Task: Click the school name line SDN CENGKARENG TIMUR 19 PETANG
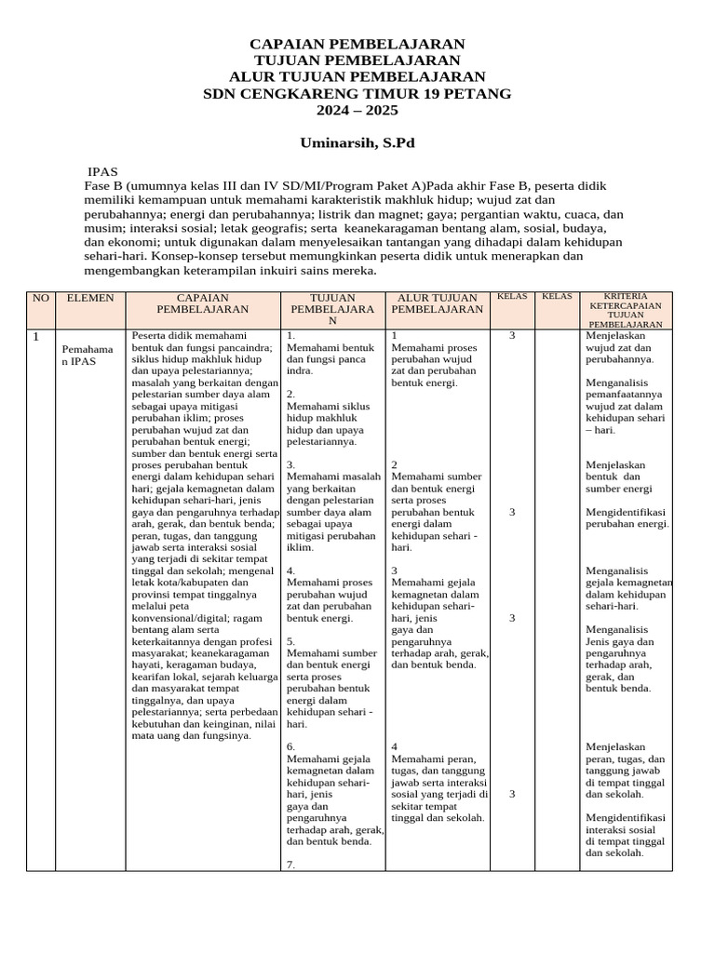(357, 94)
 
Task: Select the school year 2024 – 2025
(357, 111)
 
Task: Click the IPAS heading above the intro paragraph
(102, 172)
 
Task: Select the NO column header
(41, 298)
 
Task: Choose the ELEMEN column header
(89, 298)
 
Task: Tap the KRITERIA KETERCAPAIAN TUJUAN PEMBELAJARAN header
(625, 310)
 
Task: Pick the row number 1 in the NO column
(37, 337)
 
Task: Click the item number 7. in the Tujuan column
(291, 865)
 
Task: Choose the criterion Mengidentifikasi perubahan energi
(627, 517)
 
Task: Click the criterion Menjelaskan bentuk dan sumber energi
(619, 476)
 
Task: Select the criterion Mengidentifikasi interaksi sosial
(625, 834)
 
